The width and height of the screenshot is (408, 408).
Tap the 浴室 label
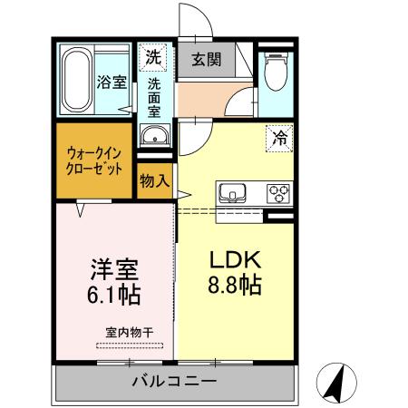(x=112, y=83)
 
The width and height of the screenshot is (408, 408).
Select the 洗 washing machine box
(x=153, y=56)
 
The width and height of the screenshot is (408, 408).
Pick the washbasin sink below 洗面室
(x=155, y=137)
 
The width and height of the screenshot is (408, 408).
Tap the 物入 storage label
(x=155, y=180)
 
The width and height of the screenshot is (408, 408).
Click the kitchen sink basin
(x=231, y=193)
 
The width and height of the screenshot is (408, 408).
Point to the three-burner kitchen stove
(x=277, y=193)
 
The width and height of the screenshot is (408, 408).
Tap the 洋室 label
(x=114, y=268)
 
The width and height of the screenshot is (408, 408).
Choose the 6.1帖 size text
(x=114, y=296)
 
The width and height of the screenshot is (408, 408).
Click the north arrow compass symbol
(x=335, y=384)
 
